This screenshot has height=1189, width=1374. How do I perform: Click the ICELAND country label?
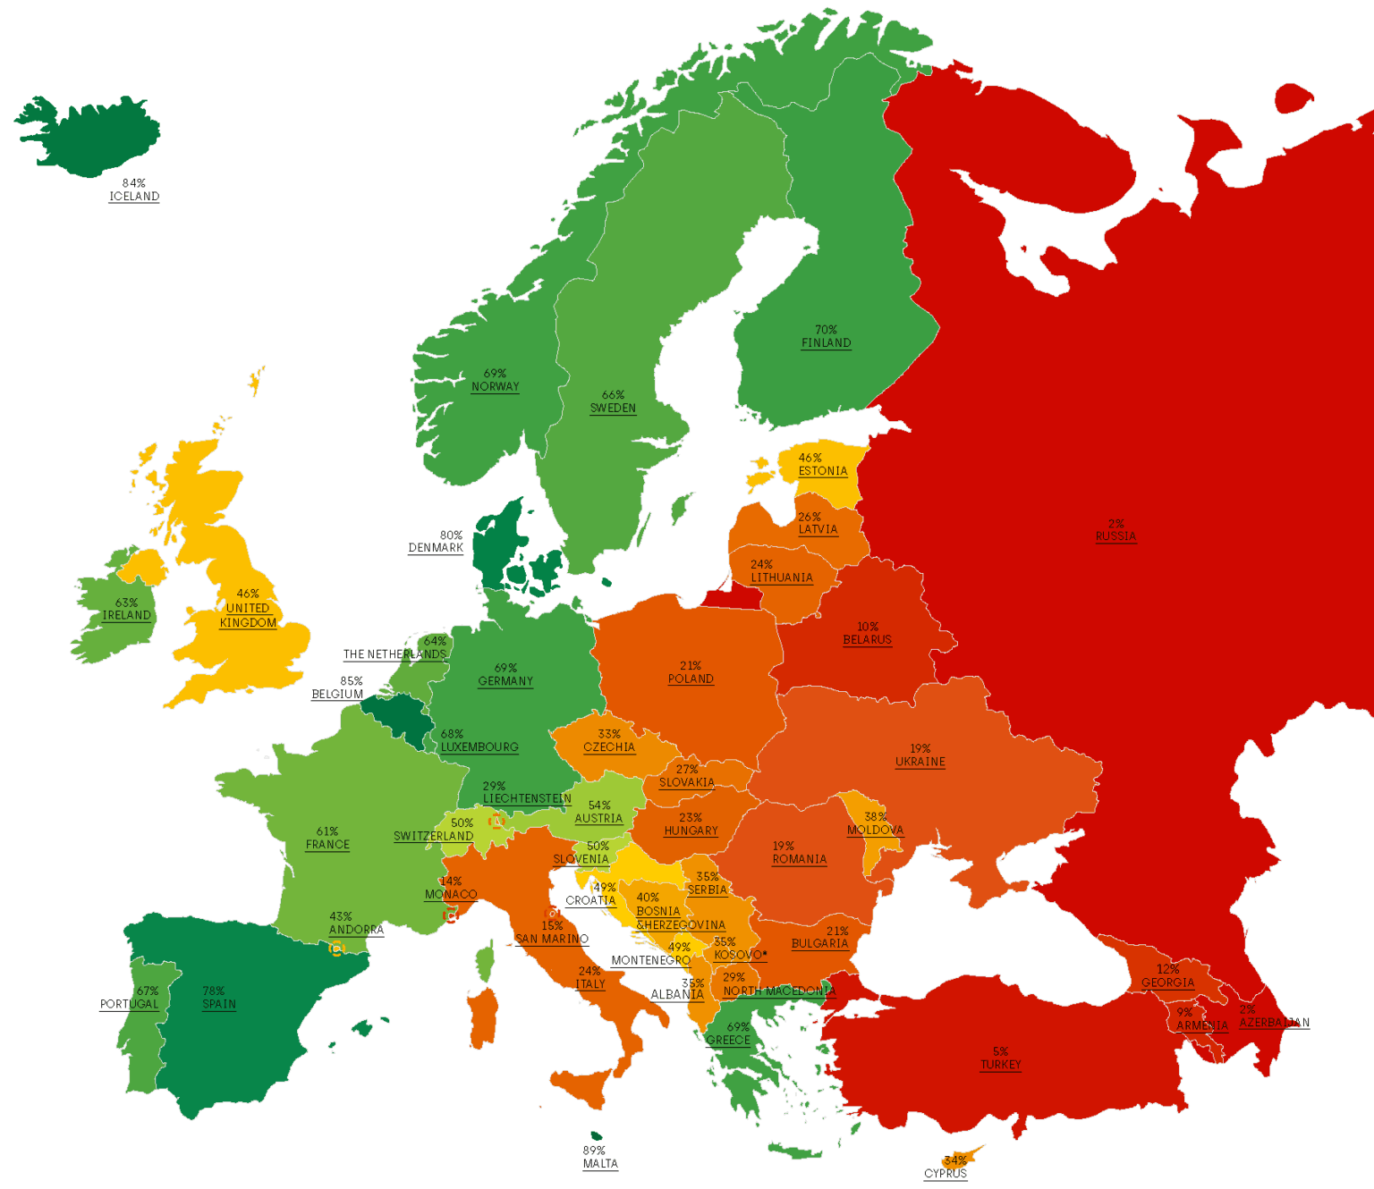pos(134,197)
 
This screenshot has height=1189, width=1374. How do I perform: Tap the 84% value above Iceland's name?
pos(134,183)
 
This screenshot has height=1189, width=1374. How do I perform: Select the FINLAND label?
pos(826,343)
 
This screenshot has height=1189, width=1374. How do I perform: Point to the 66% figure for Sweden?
pos(613,395)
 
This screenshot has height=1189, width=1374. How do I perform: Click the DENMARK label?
pos(436,548)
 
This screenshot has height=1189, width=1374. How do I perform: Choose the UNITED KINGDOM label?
pos(248,616)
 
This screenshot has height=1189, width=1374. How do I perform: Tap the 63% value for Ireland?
pos(126,603)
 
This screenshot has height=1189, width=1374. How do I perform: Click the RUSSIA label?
pos(1115,537)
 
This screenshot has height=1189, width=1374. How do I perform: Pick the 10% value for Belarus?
pos(867,628)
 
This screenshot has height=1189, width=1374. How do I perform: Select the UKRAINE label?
pos(920,763)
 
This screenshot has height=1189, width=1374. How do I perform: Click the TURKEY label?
pos(1000,1066)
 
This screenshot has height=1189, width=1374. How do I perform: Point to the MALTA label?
pos(600,1164)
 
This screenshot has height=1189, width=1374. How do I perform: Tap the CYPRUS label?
pos(945,1174)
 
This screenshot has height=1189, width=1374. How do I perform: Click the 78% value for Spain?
pos(214,991)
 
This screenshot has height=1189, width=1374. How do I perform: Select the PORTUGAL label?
pos(129,1005)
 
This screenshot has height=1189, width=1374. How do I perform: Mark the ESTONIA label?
pos(822,471)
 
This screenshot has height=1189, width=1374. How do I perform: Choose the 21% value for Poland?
pos(691,666)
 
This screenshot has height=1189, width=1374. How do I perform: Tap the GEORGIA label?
pos(1167,983)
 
